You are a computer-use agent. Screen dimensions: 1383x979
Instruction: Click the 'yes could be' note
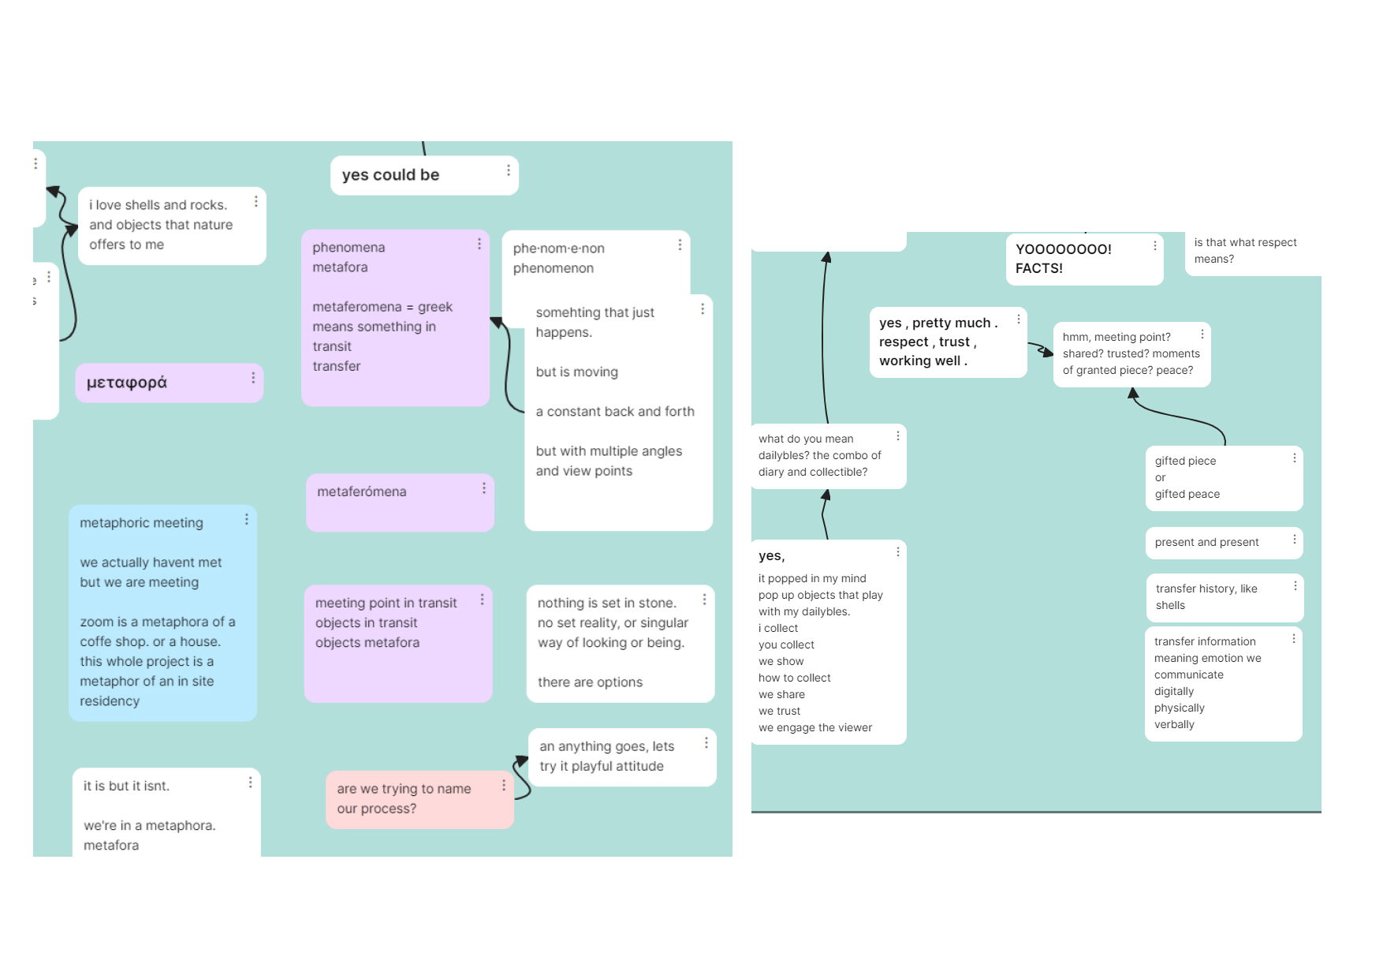click(x=424, y=175)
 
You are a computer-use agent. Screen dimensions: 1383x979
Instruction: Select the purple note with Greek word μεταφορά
click(x=170, y=383)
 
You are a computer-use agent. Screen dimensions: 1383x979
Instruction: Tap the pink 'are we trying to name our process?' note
click(x=420, y=799)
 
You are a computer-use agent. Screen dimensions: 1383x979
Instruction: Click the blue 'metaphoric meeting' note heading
click(x=141, y=523)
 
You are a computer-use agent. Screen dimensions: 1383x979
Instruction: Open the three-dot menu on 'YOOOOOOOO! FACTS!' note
click(x=1155, y=246)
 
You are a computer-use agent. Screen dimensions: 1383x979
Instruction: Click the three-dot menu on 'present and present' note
click(x=1295, y=540)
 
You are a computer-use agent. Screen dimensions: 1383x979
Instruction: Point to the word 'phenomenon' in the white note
click(x=554, y=268)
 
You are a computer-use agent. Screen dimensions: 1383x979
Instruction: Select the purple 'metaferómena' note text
click(x=362, y=491)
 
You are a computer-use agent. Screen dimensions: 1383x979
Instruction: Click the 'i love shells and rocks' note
click(x=172, y=226)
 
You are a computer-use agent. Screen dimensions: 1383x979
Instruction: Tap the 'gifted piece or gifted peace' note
click(x=1224, y=478)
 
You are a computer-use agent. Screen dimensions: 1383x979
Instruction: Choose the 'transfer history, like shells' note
click(x=1225, y=597)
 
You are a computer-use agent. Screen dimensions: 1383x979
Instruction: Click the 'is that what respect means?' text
click(x=1245, y=251)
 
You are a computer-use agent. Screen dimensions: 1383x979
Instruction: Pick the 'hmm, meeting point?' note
click(x=1131, y=354)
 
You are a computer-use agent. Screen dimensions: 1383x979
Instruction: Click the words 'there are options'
click(x=590, y=682)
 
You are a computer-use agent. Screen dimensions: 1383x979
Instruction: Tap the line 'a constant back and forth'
click(x=615, y=412)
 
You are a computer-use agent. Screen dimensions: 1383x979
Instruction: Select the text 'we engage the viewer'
click(x=815, y=727)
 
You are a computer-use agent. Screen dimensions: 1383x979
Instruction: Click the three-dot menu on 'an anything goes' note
click(x=706, y=743)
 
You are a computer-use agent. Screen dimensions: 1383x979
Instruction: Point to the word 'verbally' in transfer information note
click(x=1174, y=724)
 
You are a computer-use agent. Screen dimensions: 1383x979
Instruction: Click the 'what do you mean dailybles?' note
click(x=828, y=456)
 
